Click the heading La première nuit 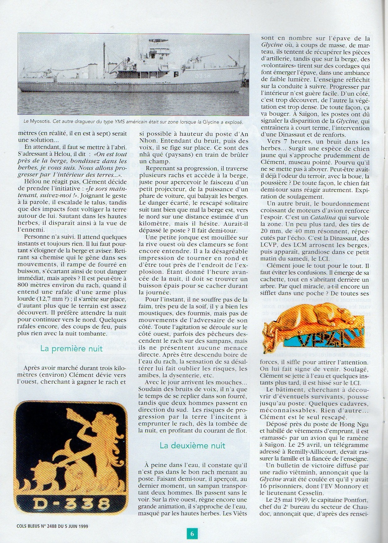click(71, 349)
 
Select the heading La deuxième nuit click(192, 446)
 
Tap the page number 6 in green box click(192, 534)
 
